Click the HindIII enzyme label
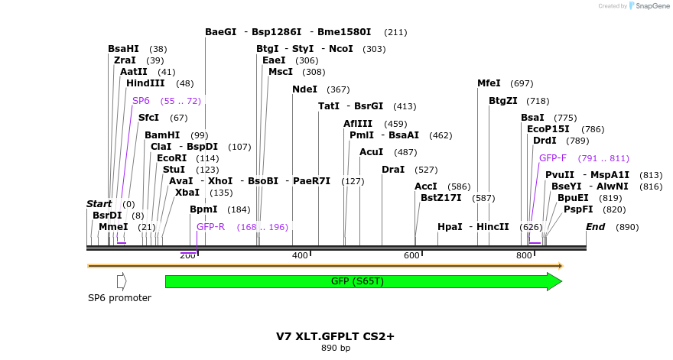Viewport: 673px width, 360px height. tap(145, 83)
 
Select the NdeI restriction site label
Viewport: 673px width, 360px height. tap(304, 89)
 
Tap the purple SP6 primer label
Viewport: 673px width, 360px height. tap(141, 101)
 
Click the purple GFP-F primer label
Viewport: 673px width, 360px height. tap(553, 158)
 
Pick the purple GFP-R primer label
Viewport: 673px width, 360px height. tap(210, 227)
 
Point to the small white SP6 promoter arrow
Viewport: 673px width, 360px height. tap(121, 281)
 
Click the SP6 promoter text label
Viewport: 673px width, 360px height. tap(119, 298)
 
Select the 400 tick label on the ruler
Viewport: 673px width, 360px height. tap(300, 255)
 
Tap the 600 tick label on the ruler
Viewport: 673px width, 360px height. tap(411, 255)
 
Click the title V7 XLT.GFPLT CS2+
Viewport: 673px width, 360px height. tap(335, 336)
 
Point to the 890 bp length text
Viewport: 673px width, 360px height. tap(335, 349)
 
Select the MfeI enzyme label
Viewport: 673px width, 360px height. tap(489, 83)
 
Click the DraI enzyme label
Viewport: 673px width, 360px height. tap(393, 169)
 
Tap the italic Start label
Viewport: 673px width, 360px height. tap(99, 204)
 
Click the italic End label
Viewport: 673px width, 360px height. tap(596, 227)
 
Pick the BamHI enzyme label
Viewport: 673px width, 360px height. tap(162, 135)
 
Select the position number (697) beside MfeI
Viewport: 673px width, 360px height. tap(521, 83)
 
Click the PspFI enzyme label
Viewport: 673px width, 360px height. tap(578, 209)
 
